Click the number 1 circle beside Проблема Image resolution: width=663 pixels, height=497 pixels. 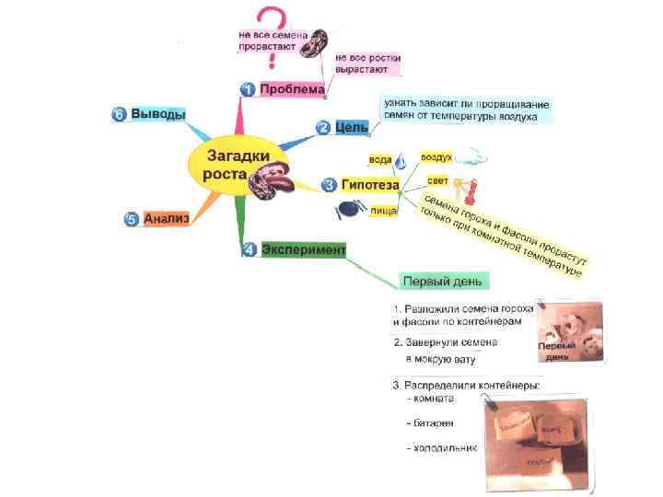point(248,89)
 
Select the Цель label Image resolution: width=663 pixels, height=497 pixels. point(351,127)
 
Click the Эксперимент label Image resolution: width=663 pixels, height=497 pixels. point(303,249)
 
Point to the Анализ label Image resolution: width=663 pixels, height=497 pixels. point(166,218)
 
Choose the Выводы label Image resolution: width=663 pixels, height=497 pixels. point(157,114)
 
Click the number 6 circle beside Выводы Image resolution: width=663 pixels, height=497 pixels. point(119,114)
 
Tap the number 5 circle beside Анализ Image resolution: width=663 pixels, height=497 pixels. point(131,219)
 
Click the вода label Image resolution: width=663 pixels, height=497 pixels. point(380,159)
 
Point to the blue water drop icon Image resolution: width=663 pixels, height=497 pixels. point(402,164)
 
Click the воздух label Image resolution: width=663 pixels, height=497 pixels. point(436,158)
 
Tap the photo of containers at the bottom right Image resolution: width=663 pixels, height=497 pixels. point(539,441)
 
